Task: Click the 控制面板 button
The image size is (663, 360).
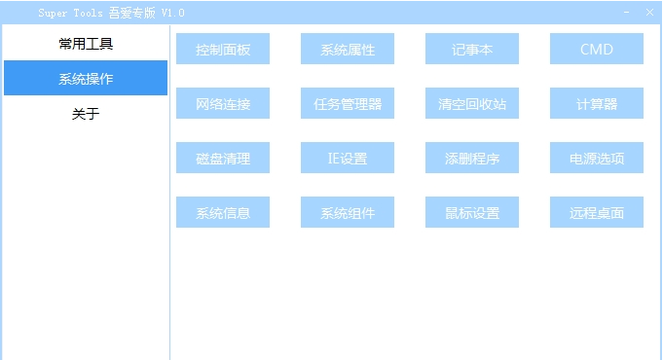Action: [x=223, y=49]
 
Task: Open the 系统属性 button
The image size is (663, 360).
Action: [x=348, y=49]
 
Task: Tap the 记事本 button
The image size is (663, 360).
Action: [x=472, y=49]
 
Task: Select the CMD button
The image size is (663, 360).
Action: [x=597, y=49]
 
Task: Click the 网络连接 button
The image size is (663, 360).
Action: [x=223, y=103]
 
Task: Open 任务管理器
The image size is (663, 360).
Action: [x=348, y=103]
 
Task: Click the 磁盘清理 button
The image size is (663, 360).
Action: [x=223, y=158]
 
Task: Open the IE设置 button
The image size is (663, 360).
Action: [x=348, y=158]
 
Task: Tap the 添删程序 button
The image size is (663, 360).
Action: [x=472, y=158]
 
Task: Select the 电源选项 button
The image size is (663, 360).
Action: [x=597, y=158]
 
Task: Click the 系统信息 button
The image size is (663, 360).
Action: [x=223, y=212]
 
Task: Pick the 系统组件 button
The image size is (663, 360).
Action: [x=348, y=212]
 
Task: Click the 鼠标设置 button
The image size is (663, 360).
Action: [x=472, y=212]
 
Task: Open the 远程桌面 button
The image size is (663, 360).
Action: [x=597, y=212]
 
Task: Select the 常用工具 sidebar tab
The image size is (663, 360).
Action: [x=86, y=44]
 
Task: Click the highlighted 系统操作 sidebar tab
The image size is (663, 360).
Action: [x=86, y=79]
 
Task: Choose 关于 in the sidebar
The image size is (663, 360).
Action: [x=86, y=114]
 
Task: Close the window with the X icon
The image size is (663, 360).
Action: [x=649, y=13]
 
